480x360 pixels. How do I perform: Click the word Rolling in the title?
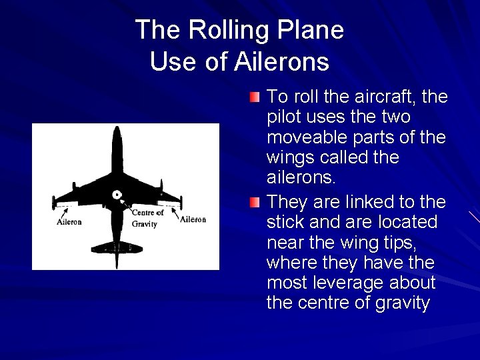tap(233, 30)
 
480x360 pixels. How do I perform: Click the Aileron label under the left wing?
tap(70, 223)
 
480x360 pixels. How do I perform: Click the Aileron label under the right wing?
tap(192, 219)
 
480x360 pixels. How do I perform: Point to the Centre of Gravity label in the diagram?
tap(147, 218)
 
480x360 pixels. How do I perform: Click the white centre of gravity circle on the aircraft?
tap(117, 195)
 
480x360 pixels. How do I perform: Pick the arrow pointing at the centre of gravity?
tap(125, 203)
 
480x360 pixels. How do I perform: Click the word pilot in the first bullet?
tap(284, 117)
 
